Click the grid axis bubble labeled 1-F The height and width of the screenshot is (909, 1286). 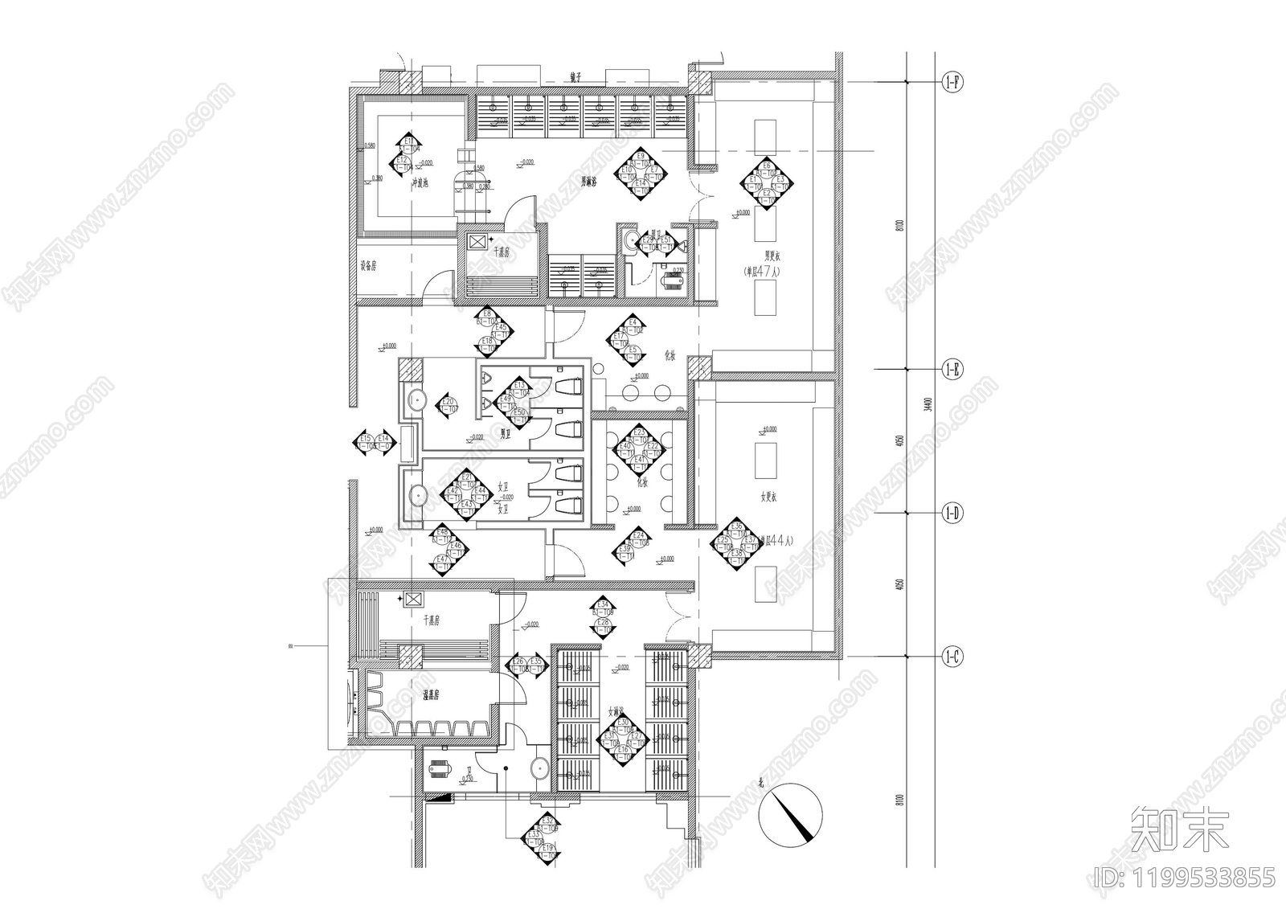pyautogui.click(x=952, y=82)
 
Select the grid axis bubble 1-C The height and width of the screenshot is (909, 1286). pyautogui.click(x=952, y=657)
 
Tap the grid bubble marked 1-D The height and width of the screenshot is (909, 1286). pyautogui.click(x=952, y=513)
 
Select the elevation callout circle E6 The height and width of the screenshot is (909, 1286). pyautogui.click(x=767, y=169)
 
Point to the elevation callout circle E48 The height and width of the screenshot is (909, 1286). pyautogui.click(x=441, y=533)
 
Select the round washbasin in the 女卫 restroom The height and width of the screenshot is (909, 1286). pyautogui.click(x=417, y=494)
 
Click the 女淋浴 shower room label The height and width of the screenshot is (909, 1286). pyautogui.click(x=616, y=711)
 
